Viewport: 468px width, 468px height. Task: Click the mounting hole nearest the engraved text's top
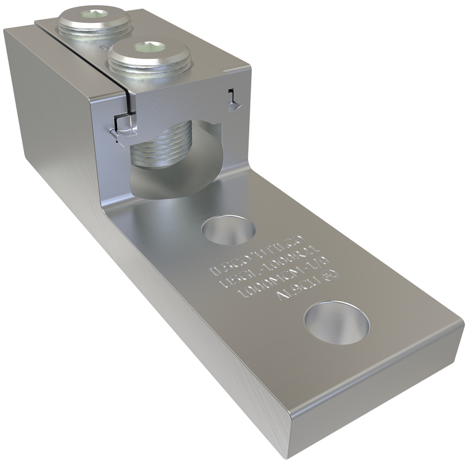(228, 229)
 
